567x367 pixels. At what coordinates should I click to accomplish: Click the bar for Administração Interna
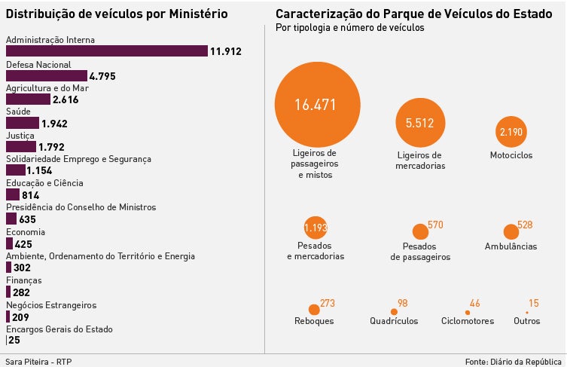106,51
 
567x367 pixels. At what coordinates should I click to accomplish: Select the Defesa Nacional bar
47,75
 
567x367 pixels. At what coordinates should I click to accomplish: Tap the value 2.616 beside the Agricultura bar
66,99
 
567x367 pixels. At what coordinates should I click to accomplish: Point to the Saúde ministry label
18,111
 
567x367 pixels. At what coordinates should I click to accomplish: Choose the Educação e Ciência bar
13,194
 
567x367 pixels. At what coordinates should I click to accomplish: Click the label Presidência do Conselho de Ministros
81,207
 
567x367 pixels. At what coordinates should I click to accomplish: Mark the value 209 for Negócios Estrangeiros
21,317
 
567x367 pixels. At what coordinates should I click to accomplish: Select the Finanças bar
8,292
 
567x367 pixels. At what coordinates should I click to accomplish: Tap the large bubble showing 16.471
315,105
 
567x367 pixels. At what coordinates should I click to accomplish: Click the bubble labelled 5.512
420,123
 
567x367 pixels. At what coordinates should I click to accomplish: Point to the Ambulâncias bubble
511,232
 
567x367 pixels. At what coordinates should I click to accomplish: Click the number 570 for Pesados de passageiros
435,225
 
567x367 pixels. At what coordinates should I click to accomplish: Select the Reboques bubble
314,309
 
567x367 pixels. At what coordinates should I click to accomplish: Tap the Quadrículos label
394,321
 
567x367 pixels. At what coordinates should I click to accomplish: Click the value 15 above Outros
533,303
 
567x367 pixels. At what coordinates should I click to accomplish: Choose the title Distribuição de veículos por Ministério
116,14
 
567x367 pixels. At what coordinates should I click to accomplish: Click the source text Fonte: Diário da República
514,360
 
